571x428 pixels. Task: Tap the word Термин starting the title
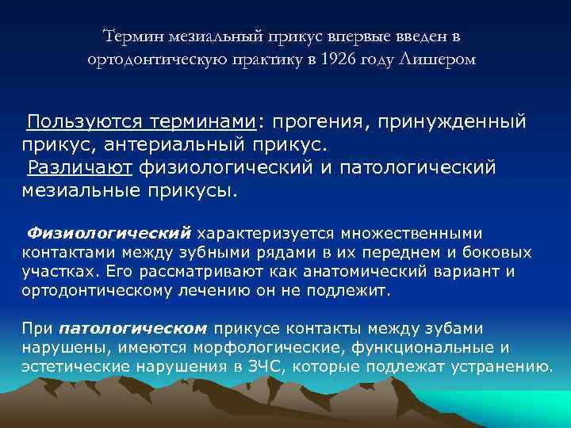point(132,36)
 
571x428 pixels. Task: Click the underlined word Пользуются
point(79,123)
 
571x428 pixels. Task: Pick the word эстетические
point(67,366)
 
